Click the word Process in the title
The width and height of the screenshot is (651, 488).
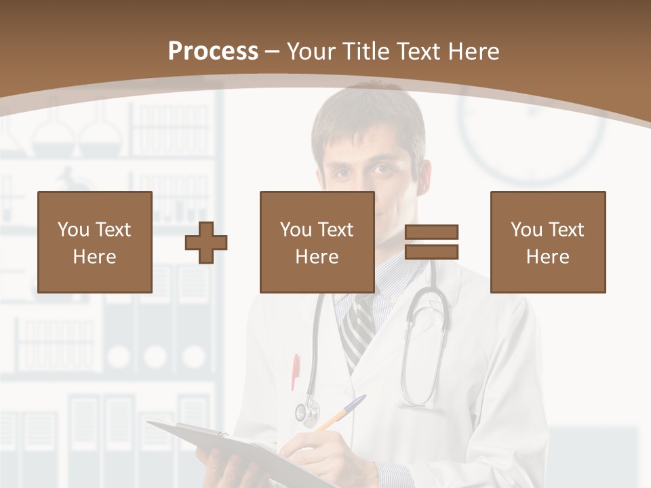point(213,51)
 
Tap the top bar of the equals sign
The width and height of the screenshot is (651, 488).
point(431,232)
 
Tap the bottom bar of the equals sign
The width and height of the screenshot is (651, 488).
point(431,252)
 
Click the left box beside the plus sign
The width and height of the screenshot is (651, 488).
point(94,242)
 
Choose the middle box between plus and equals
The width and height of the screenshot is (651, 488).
point(317,242)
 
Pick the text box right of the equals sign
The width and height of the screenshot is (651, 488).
point(547,242)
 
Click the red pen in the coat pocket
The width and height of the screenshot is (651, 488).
point(296,371)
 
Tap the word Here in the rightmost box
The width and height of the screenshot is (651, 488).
point(547,256)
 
